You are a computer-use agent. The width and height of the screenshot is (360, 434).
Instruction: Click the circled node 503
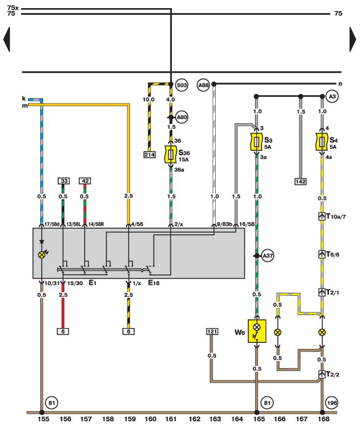pyautogui.click(x=182, y=85)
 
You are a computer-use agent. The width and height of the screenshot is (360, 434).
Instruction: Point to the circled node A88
pyautogui.click(x=204, y=85)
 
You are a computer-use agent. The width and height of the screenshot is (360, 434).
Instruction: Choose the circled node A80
pyautogui.click(x=182, y=117)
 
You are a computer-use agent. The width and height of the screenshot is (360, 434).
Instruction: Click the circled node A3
pyautogui.click(x=332, y=96)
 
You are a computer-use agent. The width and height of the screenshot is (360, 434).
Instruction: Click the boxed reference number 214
pyautogui.click(x=149, y=154)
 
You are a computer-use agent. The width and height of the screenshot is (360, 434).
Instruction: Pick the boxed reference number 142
pyautogui.click(x=300, y=181)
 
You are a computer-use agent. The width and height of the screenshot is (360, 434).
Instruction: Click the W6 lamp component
pyautogui.click(x=256, y=331)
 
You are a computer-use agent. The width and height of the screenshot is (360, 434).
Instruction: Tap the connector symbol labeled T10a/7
pyautogui.click(x=322, y=216)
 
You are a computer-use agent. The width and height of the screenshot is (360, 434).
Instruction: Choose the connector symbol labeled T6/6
pyautogui.click(x=322, y=254)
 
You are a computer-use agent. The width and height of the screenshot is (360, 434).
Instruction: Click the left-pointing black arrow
pyautogui.click(x=7, y=39)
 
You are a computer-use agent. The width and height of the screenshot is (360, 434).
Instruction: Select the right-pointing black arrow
pyautogui.click(x=353, y=39)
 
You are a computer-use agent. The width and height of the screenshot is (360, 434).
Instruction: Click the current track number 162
pyautogui.click(x=193, y=420)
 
